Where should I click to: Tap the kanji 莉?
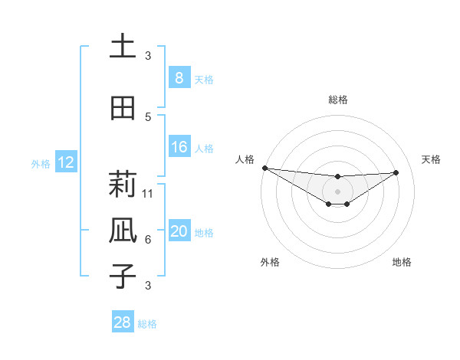pos(123,185)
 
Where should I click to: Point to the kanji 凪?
pos(123,230)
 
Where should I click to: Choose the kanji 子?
pos(123,275)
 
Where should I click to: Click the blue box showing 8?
pos(179,78)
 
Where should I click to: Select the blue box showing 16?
pos(179,147)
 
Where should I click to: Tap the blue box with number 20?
pos(179,232)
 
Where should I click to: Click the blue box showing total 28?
pos(123,322)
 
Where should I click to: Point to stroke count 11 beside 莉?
pos(148,193)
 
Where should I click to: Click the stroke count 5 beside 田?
pos(148,116)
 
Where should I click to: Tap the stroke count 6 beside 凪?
pos(148,239)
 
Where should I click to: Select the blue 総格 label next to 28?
pos(147,324)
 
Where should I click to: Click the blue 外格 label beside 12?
pos(41,163)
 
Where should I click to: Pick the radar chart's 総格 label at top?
pos(337,100)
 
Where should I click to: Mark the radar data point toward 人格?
pos(264,168)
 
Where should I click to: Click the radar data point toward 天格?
pos(396,172)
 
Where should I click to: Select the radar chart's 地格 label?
pos(402,262)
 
